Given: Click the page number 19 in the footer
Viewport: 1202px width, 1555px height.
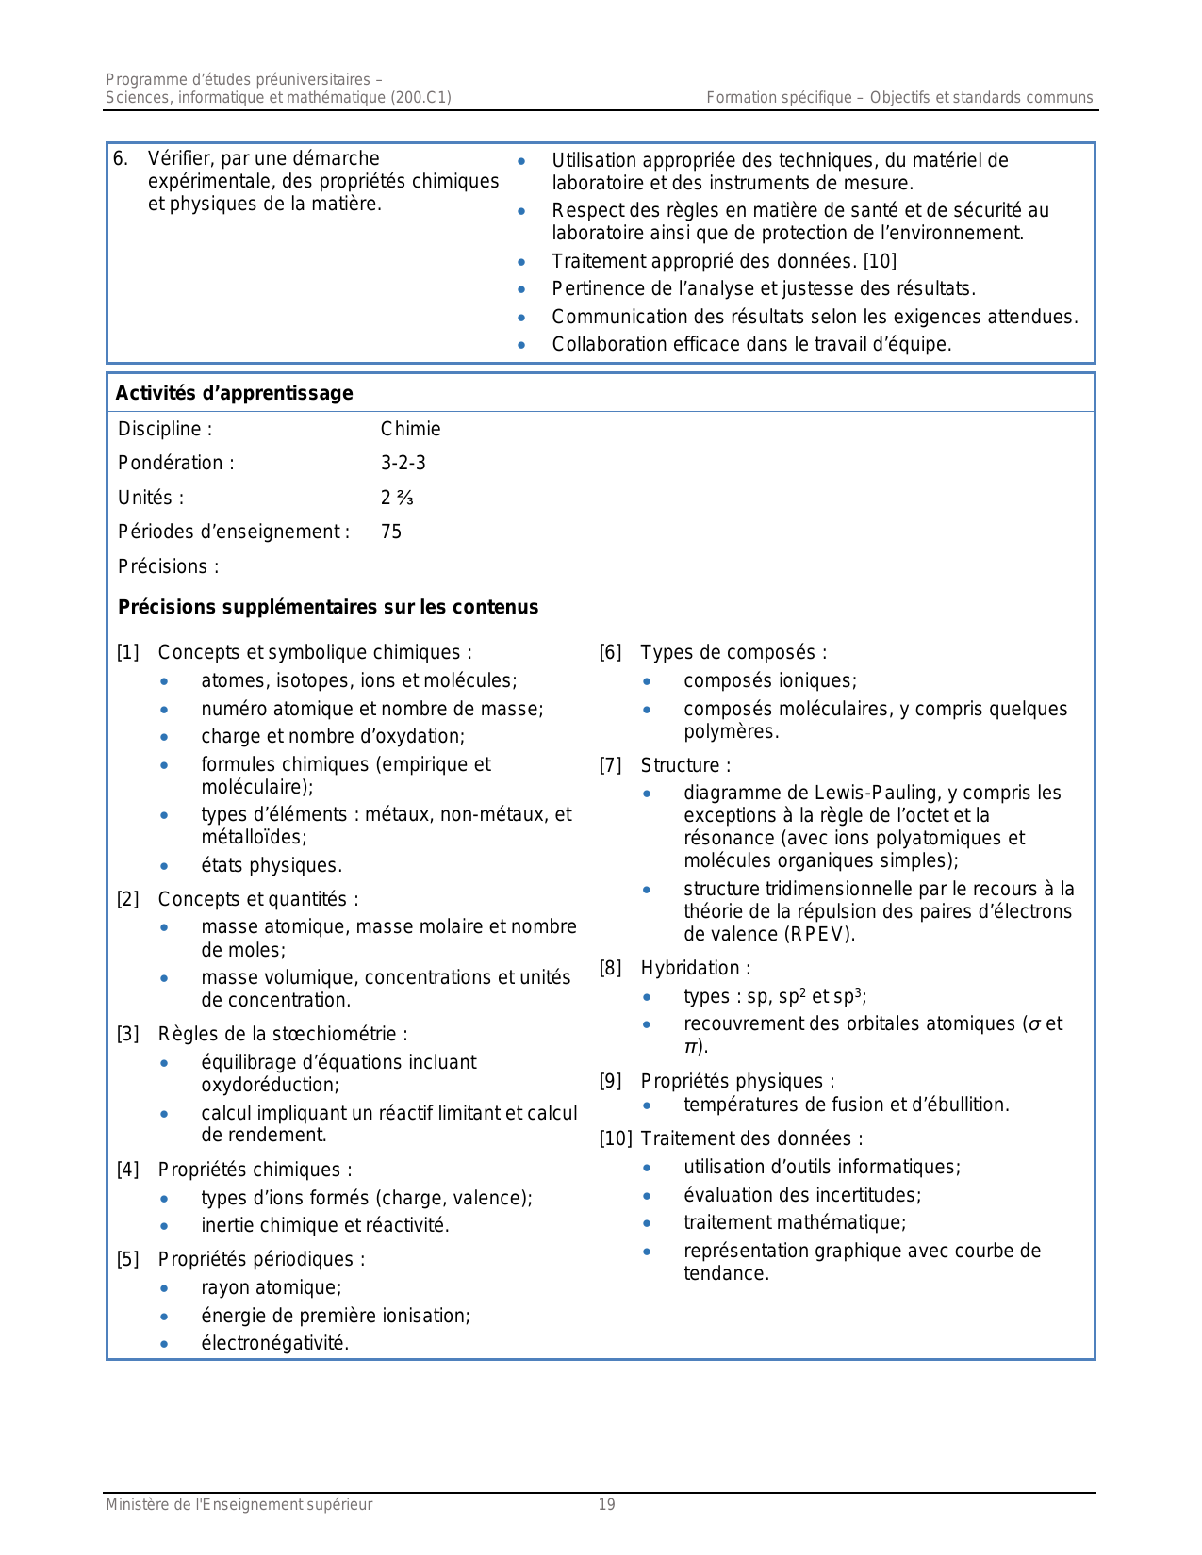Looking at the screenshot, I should pyautogui.click(x=606, y=1505).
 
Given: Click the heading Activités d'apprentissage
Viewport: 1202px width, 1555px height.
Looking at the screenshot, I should pyautogui.click(x=234, y=393).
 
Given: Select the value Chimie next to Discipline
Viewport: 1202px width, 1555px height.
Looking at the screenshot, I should pyautogui.click(x=410, y=429).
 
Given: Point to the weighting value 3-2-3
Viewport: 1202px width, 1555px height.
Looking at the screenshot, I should pyautogui.click(x=403, y=463).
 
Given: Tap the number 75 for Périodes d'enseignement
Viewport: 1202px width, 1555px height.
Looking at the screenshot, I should pyautogui.click(x=391, y=532).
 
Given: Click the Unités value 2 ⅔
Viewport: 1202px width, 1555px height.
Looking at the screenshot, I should pyautogui.click(x=397, y=498).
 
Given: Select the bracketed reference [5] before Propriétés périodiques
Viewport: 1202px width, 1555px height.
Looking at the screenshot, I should pyautogui.click(x=128, y=1259).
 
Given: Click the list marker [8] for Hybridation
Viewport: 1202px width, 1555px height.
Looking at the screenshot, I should pyautogui.click(x=611, y=968).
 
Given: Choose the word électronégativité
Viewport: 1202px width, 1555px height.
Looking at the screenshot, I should pyautogui.click(x=274, y=1343).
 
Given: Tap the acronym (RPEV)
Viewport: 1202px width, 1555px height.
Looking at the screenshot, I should pyautogui.click(x=819, y=934).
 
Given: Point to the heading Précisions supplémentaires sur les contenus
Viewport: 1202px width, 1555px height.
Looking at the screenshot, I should pyautogui.click(x=328, y=607).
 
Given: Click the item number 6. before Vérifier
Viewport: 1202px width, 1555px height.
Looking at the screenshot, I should pyautogui.click(x=121, y=158).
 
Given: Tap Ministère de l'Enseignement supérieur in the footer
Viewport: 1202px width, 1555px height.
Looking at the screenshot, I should pyautogui.click(x=239, y=1505).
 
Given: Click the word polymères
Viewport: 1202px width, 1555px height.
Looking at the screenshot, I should pyautogui.click(x=731, y=731).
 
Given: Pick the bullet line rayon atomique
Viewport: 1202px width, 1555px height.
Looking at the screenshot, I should pyautogui.click(x=271, y=1287).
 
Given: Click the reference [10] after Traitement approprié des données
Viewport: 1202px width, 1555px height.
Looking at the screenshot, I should pyautogui.click(x=880, y=261).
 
